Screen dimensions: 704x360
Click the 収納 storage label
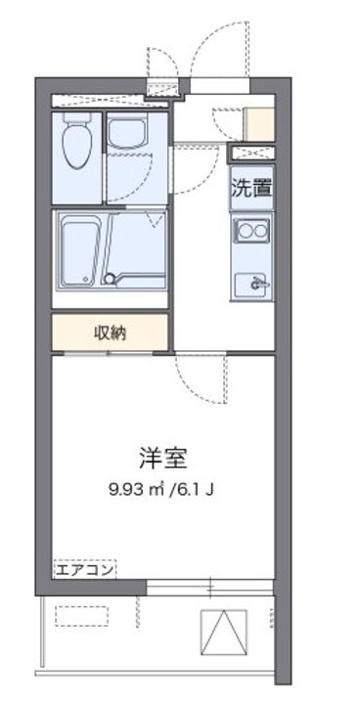[x=110, y=332]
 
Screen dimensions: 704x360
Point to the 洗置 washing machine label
[x=250, y=189]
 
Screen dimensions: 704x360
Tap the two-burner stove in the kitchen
[x=250, y=233]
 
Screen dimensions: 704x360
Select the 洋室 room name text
[x=162, y=457]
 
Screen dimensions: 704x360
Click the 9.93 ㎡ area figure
[x=138, y=489]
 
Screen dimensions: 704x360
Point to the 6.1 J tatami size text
[x=196, y=489]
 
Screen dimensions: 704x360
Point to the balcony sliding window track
[x=209, y=589]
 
